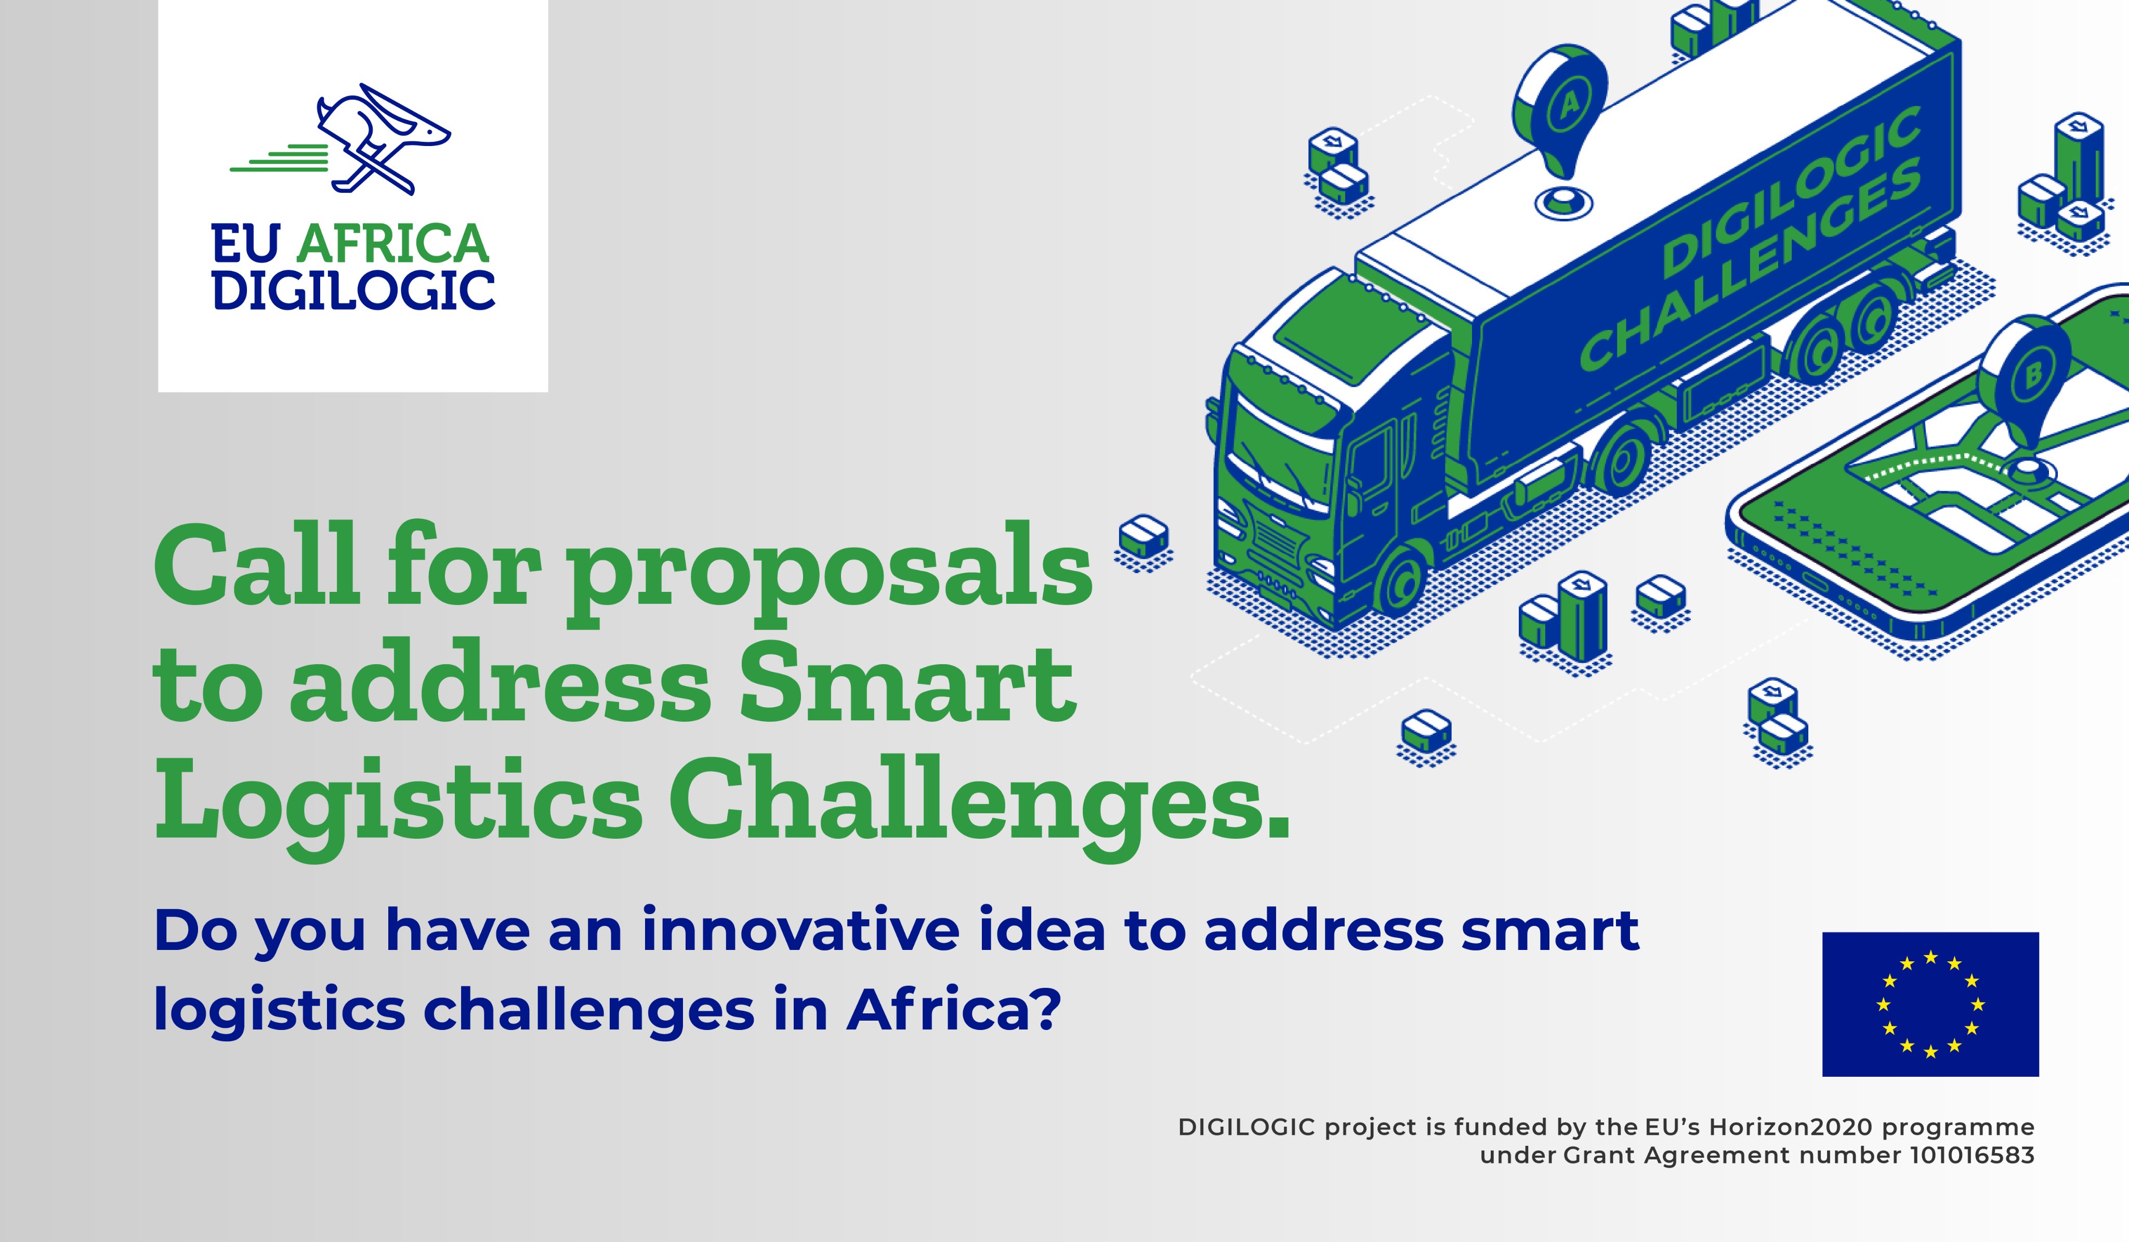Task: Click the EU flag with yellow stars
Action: click(x=1930, y=1004)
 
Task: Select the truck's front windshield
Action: click(x=1280, y=448)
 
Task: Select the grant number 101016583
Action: click(x=1972, y=1155)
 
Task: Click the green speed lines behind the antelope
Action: click(x=279, y=158)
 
